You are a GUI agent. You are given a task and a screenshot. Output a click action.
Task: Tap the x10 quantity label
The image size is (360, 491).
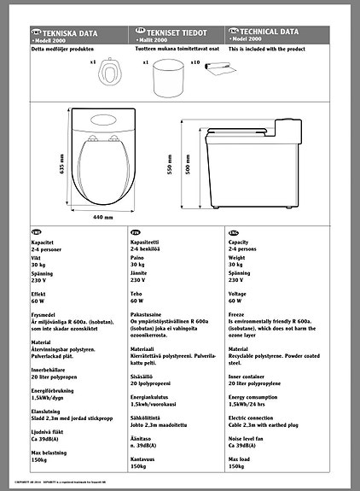[x=195, y=62]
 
